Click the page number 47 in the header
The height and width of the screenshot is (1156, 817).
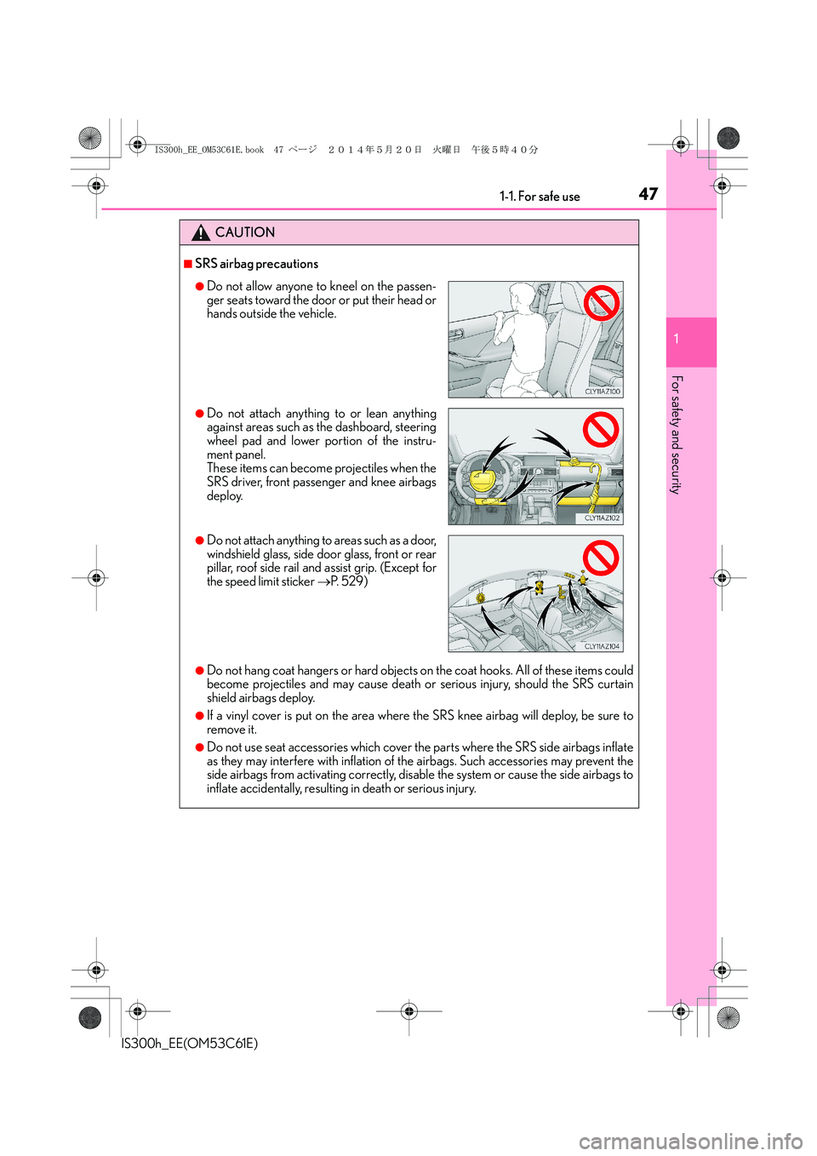[648, 194]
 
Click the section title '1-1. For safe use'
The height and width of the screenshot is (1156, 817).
[540, 197]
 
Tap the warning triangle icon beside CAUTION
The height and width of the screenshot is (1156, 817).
[201, 232]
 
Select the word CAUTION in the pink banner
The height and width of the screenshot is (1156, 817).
[245, 232]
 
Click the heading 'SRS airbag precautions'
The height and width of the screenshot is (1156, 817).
[256, 264]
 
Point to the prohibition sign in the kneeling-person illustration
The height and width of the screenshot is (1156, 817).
[601, 302]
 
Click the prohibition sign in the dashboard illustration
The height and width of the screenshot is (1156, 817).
[600, 429]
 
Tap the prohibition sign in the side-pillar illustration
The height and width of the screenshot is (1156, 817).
[600, 558]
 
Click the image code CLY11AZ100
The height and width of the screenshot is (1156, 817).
[603, 392]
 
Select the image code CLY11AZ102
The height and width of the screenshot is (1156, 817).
[603, 518]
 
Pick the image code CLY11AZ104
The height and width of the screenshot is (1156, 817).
[603, 646]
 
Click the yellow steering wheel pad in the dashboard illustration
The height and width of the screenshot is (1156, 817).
[483, 479]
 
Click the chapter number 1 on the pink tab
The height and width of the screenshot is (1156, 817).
[677, 340]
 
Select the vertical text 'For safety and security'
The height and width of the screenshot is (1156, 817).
[677, 434]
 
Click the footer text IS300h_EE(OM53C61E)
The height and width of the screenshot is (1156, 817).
[190, 1043]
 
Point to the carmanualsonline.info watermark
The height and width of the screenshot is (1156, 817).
[690, 1141]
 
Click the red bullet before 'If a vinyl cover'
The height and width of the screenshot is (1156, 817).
[200, 716]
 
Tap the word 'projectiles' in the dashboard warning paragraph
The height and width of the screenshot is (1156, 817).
[357, 468]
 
